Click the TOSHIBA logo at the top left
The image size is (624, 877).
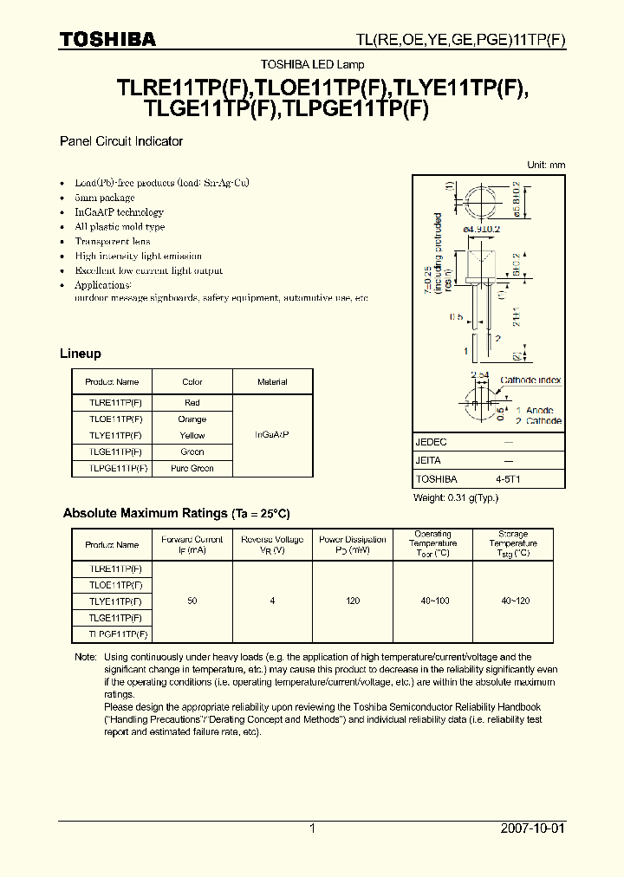[107, 39]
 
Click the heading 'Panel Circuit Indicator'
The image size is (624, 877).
[120, 141]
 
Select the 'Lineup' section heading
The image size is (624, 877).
[81, 354]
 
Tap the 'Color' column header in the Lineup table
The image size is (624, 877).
[192, 381]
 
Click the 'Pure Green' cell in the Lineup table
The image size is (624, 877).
[192, 468]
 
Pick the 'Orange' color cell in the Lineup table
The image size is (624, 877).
[192, 419]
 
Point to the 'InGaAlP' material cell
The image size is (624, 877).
[272, 435]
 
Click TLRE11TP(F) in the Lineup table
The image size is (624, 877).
[112, 402]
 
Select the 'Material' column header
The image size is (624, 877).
[272, 381]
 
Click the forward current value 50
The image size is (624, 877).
[192, 601]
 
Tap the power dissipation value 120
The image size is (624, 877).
[353, 601]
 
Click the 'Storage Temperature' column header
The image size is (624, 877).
[513, 544]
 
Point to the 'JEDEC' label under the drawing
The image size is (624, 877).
[432, 442]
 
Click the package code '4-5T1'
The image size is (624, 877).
[508, 478]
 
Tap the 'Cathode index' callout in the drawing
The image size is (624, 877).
[530, 380]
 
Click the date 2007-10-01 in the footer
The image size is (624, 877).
[532, 828]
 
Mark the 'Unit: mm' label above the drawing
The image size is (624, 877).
[546, 165]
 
